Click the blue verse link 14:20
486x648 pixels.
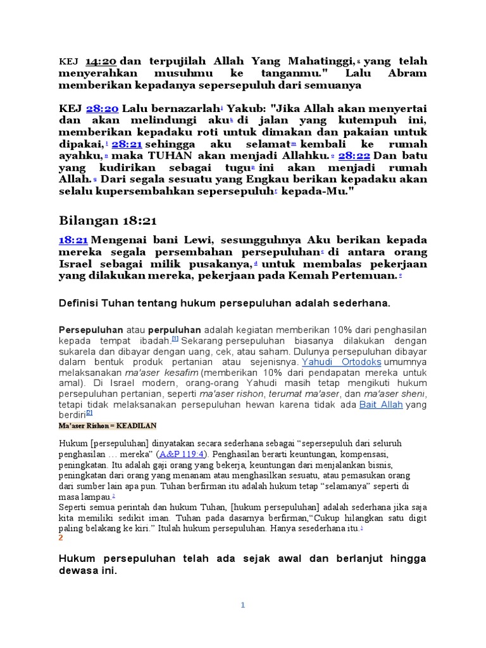tap(99, 61)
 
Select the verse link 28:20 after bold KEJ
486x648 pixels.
tap(103, 109)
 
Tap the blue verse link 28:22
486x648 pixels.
tap(355, 156)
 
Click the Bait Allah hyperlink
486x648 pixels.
tap(381, 404)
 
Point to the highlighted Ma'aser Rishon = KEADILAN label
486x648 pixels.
tap(108, 426)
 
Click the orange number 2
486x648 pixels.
tap(61, 537)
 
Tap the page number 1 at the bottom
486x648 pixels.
tap(242, 605)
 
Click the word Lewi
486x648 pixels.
tap(181, 240)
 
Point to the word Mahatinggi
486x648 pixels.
tap(320, 61)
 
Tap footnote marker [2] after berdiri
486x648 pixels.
tap(89, 413)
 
